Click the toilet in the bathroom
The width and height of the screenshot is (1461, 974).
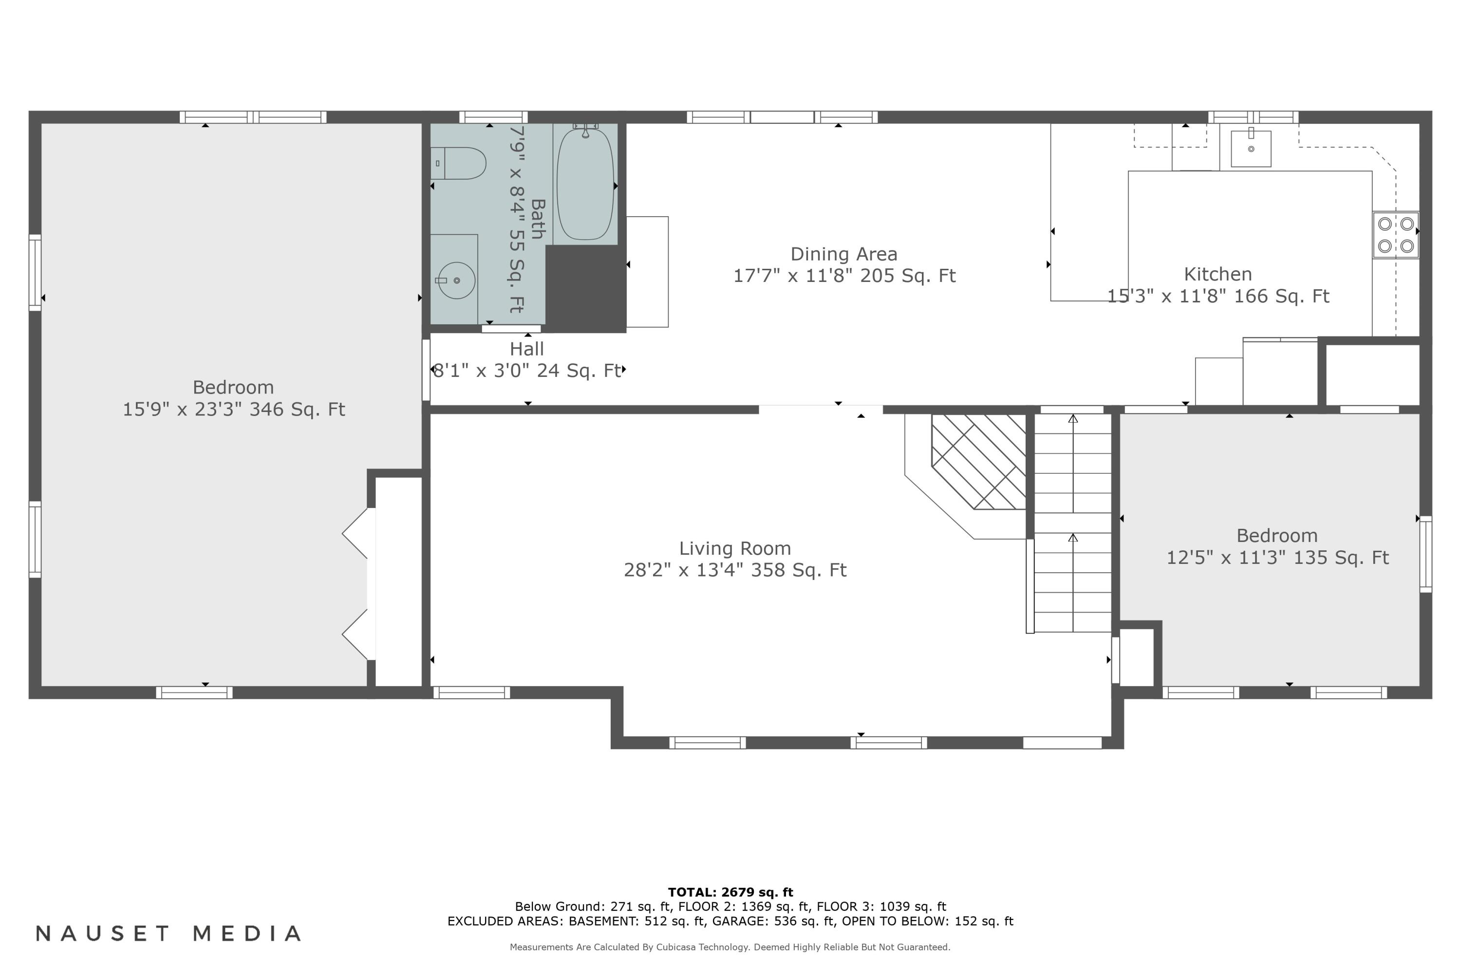coord(460,163)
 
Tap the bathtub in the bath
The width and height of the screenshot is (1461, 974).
coord(585,184)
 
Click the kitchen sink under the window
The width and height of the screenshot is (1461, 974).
coord(1251,149)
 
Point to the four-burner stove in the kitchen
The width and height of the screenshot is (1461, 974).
coord(1395,235)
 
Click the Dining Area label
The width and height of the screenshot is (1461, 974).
coord(843,254)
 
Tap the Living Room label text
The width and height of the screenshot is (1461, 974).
coord(735,548)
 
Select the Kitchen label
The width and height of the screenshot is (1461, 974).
coord(1217,274)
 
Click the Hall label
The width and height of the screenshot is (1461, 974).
coord(527,349)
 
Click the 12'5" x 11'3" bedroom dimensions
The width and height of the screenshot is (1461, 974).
coord(1277,558)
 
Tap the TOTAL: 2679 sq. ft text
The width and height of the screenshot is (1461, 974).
coord(730,893)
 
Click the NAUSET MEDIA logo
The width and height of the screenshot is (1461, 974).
coord(169,934)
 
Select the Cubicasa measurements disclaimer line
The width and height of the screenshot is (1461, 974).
coord(730,947)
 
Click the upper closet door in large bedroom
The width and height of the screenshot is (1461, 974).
coord(356,533)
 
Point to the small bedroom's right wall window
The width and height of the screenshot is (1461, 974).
coord(1425,554)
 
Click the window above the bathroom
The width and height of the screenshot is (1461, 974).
coord(493,117)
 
